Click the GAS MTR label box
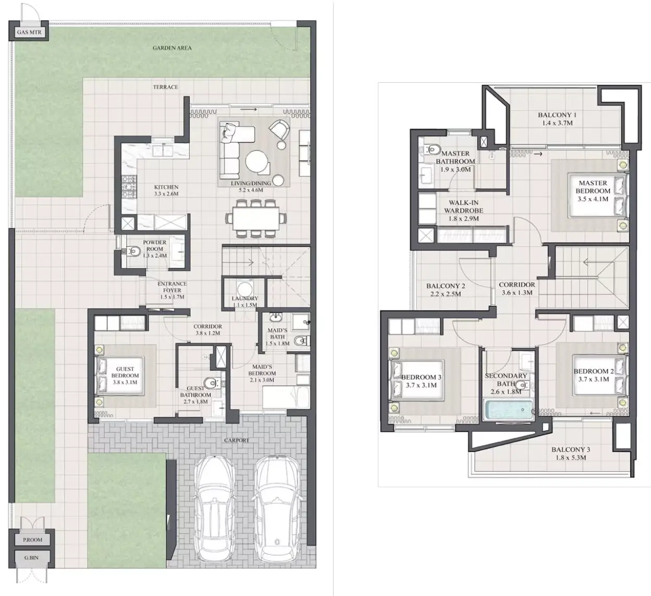[x=29, y=32]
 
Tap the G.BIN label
[x=31, y=558]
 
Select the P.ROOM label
[x=32, y=540]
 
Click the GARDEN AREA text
[x=172, y=48]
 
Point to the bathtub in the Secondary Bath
[x=508, y=411]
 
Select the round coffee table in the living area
[x=257, y=162]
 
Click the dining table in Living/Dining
[x=256, y=218]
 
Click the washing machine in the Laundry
[x=244, y=289]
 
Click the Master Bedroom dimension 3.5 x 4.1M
[x=593, y=199]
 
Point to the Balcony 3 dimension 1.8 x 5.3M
[x=571, y=458]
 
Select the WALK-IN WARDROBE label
[x=463, y=206]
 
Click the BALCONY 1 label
[x=557, y=115]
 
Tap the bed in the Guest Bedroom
[x=120, y=376]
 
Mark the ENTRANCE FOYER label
[x=172, y=287]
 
